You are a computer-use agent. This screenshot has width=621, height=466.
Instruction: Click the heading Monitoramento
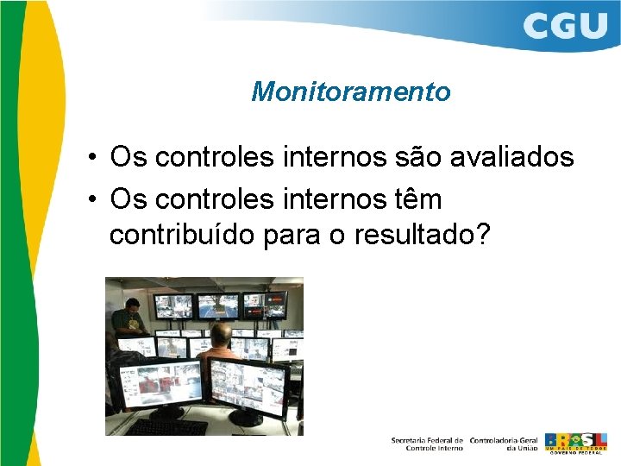pos(350,91)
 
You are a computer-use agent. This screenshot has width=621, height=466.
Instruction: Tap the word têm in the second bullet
pos(415,199)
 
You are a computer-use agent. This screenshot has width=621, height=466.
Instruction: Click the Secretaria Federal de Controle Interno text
pos(427,444)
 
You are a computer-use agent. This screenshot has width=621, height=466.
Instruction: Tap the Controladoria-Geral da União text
pos(505,444)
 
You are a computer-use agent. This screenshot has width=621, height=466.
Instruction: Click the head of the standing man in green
pos(131,306)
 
